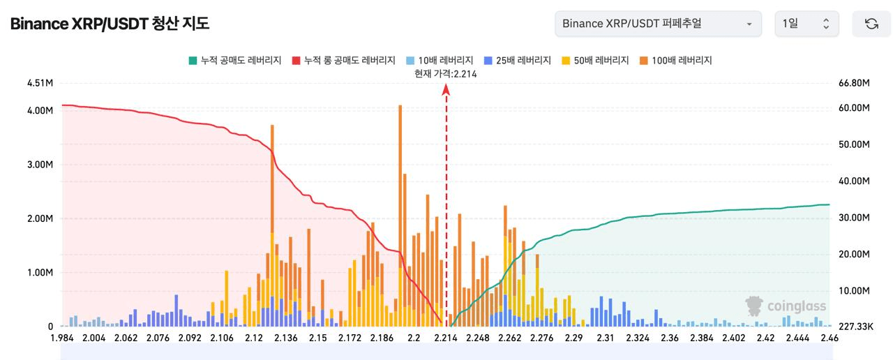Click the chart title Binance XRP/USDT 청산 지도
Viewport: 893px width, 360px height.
point(110,24)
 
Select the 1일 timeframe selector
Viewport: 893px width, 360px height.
point(806,24)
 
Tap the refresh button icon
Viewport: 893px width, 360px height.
point(871,24)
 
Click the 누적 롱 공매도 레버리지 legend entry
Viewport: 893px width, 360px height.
point(345,61)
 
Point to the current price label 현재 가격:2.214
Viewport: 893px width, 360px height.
point(446,74)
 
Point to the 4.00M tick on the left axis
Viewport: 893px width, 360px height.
point(40,110)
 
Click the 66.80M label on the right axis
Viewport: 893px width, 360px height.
point(854,83)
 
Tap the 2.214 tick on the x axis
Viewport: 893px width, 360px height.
point(445,338)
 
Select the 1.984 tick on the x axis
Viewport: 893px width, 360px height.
point(63,338)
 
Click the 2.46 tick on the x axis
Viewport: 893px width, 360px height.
point(830,338)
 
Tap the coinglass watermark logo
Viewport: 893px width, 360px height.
point(786,306)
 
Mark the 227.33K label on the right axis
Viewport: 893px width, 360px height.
point(854,327)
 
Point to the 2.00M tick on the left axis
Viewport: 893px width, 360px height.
point(40,218)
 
